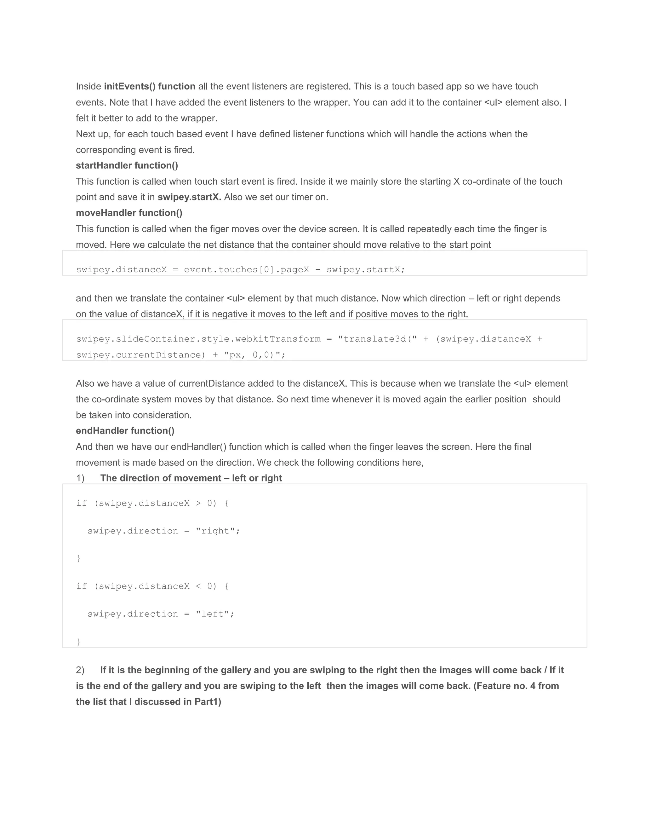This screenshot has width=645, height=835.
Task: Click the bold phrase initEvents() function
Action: (x=149, y=86)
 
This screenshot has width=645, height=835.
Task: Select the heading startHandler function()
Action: (x=127, y=165)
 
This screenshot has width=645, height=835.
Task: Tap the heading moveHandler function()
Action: (x=129, y=213)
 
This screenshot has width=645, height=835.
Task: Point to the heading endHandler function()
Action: (x=125, y=431)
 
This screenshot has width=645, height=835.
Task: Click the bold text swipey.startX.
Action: (x=189, y=197)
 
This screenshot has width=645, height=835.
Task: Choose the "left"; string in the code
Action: (x=215, y=614)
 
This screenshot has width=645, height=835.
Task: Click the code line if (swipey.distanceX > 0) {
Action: (x=152, y=504)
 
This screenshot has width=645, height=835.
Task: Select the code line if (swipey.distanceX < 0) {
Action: (x=152, y=586)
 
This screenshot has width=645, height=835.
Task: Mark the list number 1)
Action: (x=80, y=478)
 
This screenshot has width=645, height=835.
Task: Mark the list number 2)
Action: (x=80, y=670)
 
